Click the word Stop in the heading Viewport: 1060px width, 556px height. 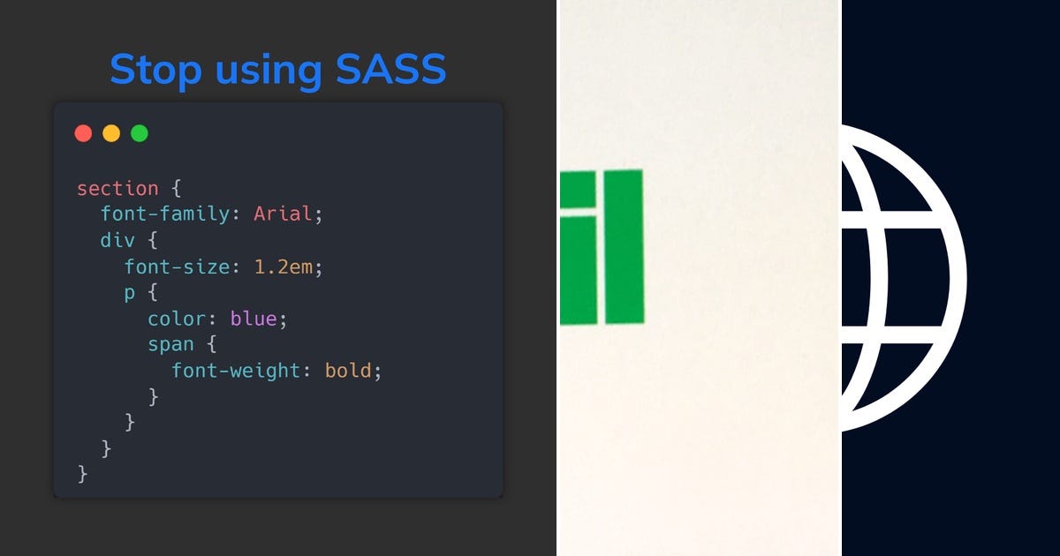[152, 70]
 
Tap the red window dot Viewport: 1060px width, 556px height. [83, 133]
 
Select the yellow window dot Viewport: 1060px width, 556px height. [111, 133]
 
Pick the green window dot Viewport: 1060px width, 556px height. [140, 133]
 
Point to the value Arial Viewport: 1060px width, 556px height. [283, 214]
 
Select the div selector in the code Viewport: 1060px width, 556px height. [117, 240]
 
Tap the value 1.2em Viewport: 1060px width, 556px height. [283, 267]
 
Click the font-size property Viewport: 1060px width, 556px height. [177, 267]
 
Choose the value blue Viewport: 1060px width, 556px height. [254, 319]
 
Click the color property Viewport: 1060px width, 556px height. [177, 319]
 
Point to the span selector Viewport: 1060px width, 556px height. [171, 344]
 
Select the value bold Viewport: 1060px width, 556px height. [348, 371]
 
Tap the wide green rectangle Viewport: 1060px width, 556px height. [624, 247]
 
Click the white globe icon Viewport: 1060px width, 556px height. [901, 278]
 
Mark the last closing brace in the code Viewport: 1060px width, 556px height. [83, 474]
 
